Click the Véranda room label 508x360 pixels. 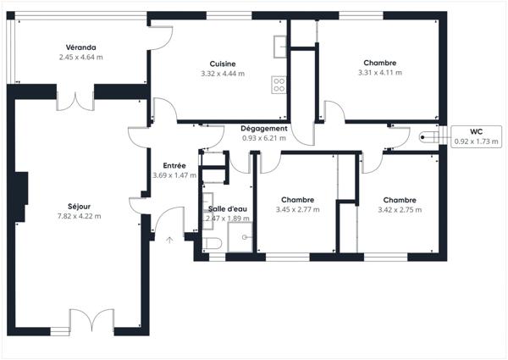[x=81, y=47]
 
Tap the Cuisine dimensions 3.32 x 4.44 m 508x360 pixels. [x=223, y=74]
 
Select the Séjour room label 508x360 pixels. [x=79, y=207]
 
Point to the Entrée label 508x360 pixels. [x=174, y=165]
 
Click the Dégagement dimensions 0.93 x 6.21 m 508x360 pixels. [x=264, y=138]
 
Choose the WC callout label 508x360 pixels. [x=476, y=131]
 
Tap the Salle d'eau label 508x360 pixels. [x=228, y=209]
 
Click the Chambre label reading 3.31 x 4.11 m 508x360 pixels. [x=380, y=63]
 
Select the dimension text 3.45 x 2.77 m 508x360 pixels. [x=298, y=210]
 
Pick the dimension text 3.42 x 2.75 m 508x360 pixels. [x=400, y=210]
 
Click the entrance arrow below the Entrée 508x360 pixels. [x=169, y=240]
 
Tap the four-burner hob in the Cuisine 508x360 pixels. [x=279, y=85]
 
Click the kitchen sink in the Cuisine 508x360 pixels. [x=280, y=47]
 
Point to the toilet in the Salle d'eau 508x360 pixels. [x=213, y=243]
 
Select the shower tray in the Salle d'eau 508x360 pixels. [x=240, y=237]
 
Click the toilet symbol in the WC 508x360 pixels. [x=429, y=137]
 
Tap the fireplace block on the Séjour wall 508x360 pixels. [x=21, y=197]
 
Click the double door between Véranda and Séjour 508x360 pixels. [x=75, y=102]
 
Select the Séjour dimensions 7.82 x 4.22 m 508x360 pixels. [x=79, y=216]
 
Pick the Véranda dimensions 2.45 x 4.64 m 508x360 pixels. [x=81, y=58]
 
